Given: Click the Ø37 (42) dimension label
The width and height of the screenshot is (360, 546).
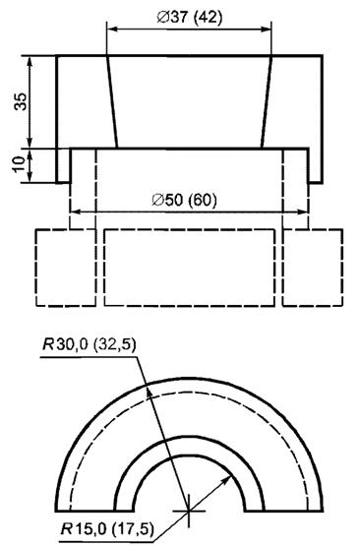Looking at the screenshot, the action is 189,17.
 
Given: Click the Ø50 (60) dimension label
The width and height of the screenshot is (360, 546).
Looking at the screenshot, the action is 184,200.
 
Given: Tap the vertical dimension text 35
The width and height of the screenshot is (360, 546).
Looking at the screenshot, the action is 21,101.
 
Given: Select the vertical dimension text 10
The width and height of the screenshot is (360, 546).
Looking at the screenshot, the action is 20,163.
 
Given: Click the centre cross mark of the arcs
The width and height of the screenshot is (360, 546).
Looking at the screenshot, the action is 189,511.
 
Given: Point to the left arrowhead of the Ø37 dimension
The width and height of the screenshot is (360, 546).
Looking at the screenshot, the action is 113,30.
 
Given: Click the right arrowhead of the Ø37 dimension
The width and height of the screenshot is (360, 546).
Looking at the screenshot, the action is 265,30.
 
